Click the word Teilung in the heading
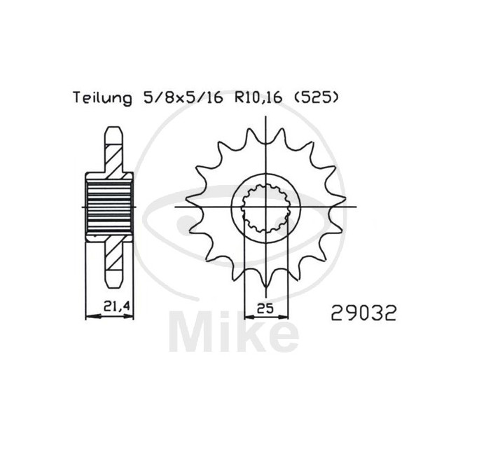point(102,98)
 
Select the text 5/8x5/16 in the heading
point(183,98)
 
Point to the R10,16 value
point(258,98)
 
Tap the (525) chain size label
point(316,98)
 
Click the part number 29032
point(363,313)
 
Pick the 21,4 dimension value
point(116,307)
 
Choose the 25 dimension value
point(265,308)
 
